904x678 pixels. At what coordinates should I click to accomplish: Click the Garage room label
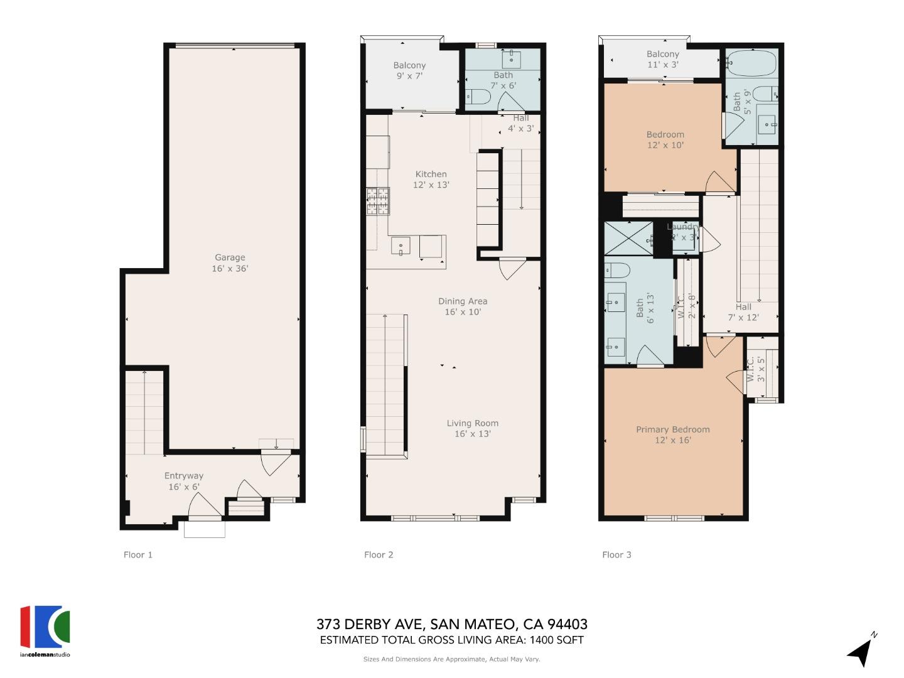point(230,262)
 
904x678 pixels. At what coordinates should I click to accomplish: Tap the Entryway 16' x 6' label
point(183,481)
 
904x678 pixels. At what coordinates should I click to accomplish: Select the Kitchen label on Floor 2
point(431,179)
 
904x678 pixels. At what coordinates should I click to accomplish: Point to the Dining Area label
point(463,306)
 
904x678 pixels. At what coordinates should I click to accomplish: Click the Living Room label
point(472,428)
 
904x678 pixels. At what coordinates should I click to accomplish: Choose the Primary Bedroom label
point(672,434)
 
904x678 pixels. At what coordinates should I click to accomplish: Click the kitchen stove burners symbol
point(378,201)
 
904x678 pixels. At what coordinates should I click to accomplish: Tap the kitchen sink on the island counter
point(401,245)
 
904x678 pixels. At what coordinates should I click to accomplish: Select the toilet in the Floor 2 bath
point(478,97)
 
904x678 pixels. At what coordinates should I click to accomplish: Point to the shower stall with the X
point(628,238)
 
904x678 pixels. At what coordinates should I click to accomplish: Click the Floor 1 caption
point(138,554)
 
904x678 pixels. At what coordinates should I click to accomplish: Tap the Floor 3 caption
point(616,554)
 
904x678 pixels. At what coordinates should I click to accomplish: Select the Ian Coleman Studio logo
point(45,630)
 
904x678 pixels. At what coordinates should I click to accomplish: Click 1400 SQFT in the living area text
point(557,640)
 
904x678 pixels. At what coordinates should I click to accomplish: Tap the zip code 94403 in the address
point(568,624)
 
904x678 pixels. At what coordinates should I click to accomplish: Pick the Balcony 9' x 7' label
point(409,70)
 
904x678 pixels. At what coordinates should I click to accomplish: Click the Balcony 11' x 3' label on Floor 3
point(662,59)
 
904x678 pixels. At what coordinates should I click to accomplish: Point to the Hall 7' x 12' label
point(743,312)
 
